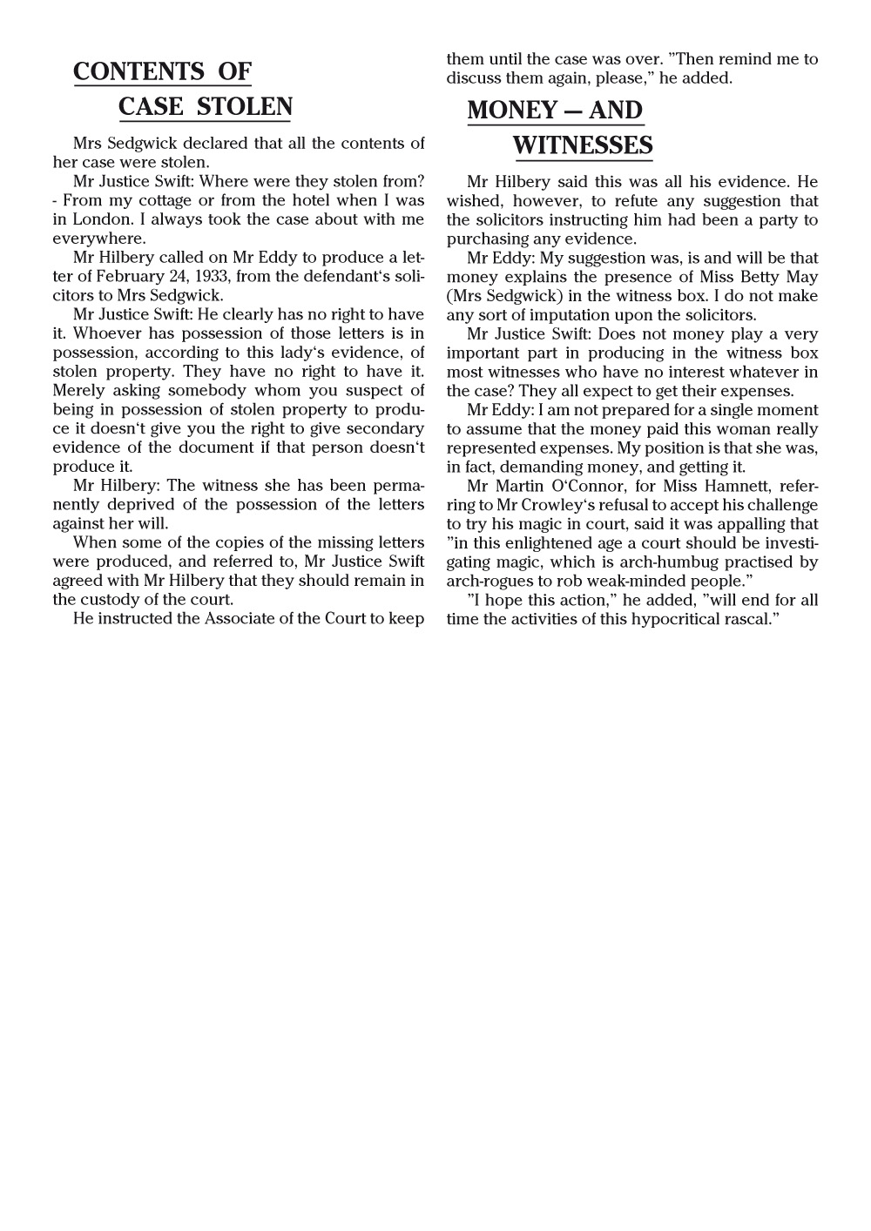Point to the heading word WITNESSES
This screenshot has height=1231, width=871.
point(583,145)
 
